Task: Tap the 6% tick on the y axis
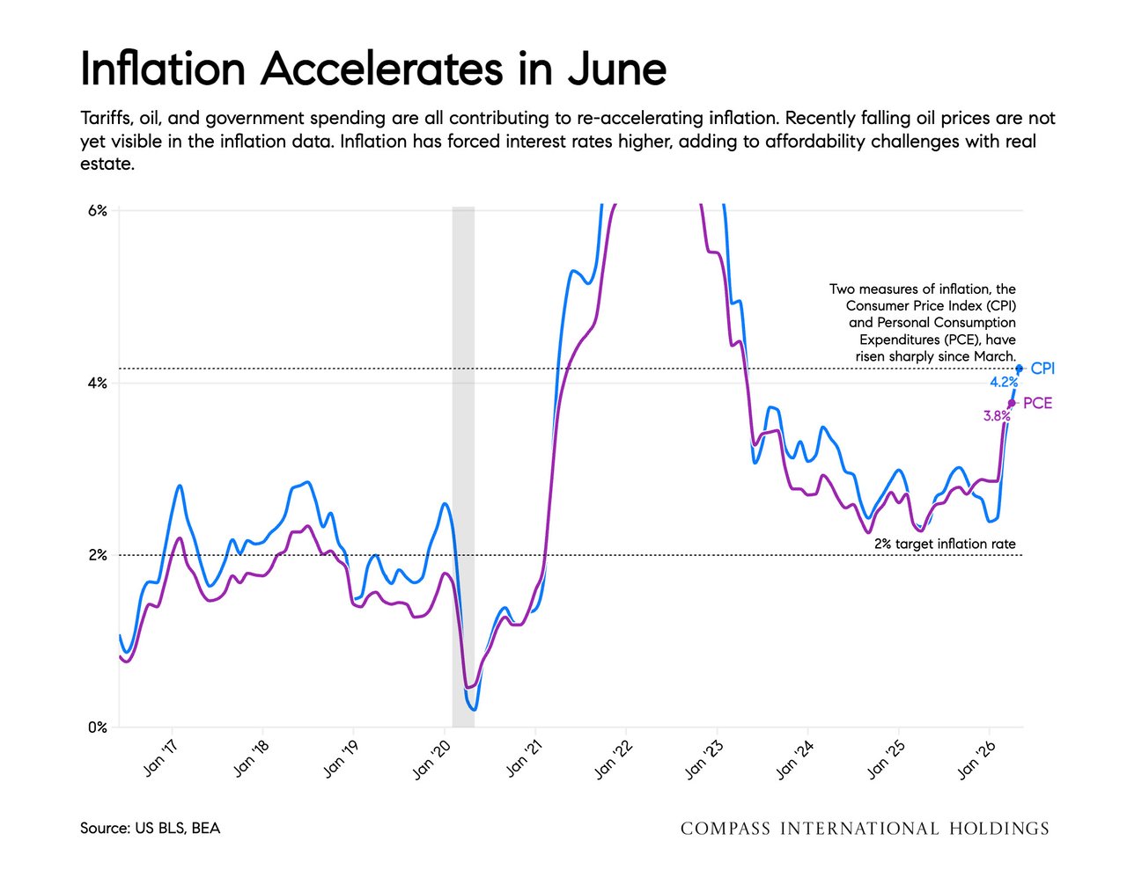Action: coord(97,210)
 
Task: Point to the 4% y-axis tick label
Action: coord(97,384)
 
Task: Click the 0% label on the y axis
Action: coord(97,727)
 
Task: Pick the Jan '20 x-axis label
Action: coord(431,759)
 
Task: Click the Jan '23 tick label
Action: coord(703,759)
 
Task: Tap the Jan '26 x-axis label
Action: coord(976,759)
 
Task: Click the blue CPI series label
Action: coord(1042,369)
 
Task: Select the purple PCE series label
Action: coord(1038,403)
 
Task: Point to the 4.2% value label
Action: coord(1004,383)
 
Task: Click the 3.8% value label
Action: coord(997,415)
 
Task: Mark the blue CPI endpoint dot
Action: coord(1019,369)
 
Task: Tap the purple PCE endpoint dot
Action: coord(1012,403)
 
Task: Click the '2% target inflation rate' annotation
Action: coord(945,544)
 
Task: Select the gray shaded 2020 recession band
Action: coord(463,467)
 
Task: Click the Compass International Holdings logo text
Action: coord(865,829)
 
